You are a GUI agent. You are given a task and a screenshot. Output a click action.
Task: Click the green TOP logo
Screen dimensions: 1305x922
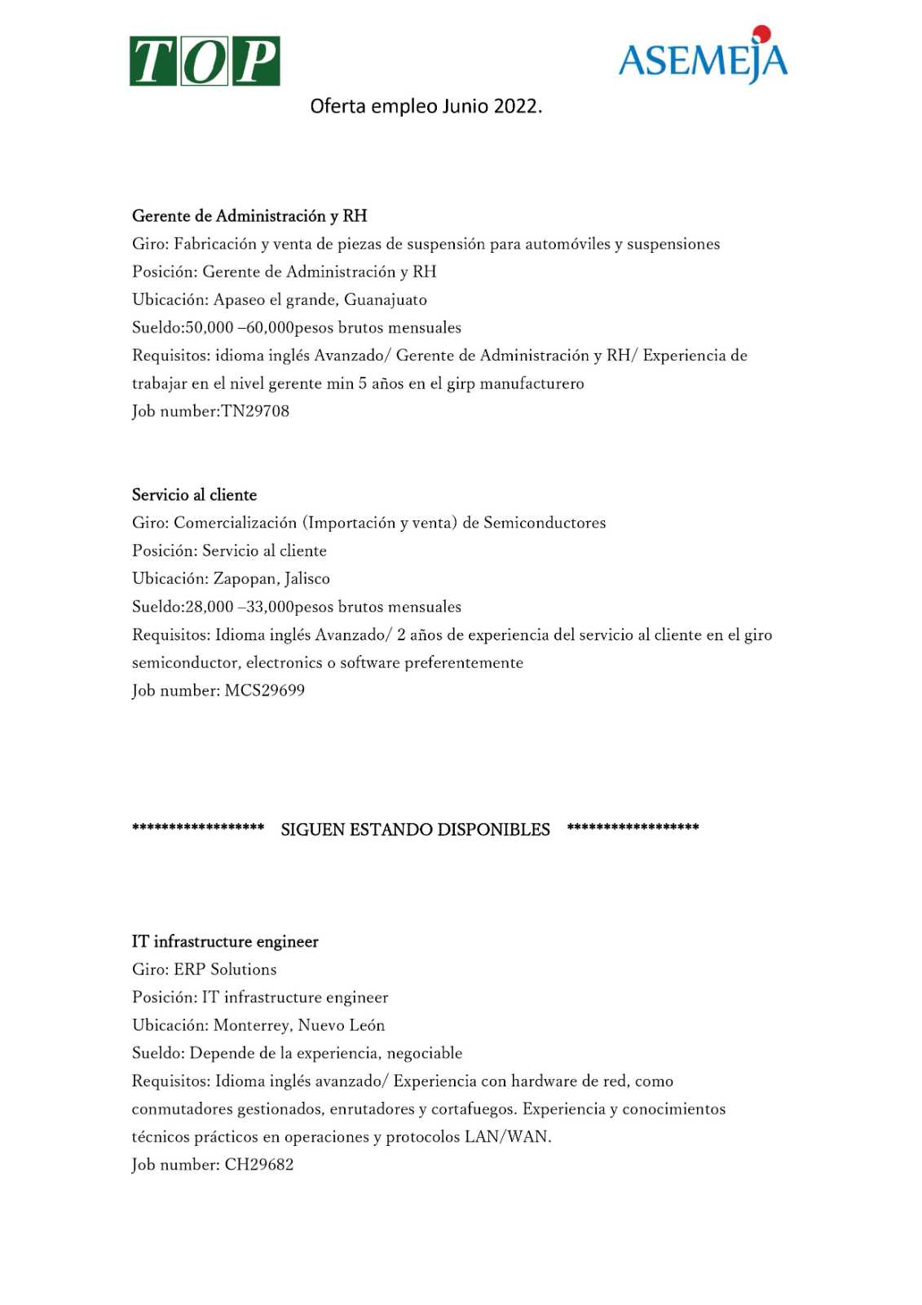[205, 61]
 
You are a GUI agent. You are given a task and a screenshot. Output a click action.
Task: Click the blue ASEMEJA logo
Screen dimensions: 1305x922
[703, 60]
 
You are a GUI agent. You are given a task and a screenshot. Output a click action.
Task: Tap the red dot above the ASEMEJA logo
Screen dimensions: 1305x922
[762, 33]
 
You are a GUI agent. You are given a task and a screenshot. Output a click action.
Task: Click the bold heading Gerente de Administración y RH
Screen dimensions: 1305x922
[249, 216]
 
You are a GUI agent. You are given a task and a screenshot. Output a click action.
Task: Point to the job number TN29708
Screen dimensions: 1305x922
[255, 411]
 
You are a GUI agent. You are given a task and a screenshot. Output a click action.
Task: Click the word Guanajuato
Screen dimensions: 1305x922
[386, 300]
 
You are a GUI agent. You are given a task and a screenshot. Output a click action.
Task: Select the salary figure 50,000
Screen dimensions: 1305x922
[210, 328]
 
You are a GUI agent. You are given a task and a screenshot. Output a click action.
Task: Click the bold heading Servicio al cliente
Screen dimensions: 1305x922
[194, 495]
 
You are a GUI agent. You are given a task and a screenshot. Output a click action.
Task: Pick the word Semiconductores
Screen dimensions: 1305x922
[545, 523]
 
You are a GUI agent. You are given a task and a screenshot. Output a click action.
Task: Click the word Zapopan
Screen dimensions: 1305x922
[245, 579]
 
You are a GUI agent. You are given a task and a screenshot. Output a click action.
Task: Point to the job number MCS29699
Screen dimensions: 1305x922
[265, 691]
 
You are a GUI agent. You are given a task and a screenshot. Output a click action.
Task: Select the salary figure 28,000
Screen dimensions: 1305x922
[210, 607]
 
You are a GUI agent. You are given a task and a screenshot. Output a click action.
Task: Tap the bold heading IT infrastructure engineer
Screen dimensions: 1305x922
[225, 942]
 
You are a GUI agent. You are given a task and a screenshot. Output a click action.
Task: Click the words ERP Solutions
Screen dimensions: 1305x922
[225, 970]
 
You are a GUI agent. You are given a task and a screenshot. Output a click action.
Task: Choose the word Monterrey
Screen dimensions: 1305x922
[251, 1025]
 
